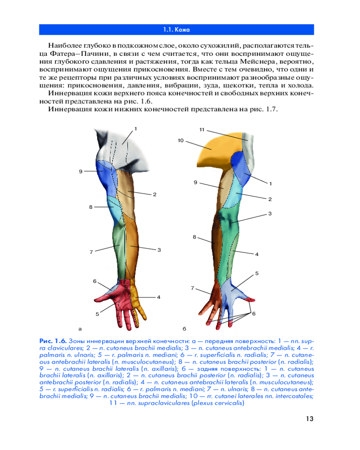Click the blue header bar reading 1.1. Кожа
176,30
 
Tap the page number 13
310,418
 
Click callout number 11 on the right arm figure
202,130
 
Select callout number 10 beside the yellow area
180,140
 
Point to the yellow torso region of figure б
215,149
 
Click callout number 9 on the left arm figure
81,171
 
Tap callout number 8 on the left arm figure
91,207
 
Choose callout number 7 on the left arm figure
91,252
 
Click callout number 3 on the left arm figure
159,250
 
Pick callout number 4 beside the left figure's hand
158,297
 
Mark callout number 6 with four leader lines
254,314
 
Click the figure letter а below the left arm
80,329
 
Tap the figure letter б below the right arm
184,328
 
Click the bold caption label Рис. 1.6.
53,341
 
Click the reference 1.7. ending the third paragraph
272,109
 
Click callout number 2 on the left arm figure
155,194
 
